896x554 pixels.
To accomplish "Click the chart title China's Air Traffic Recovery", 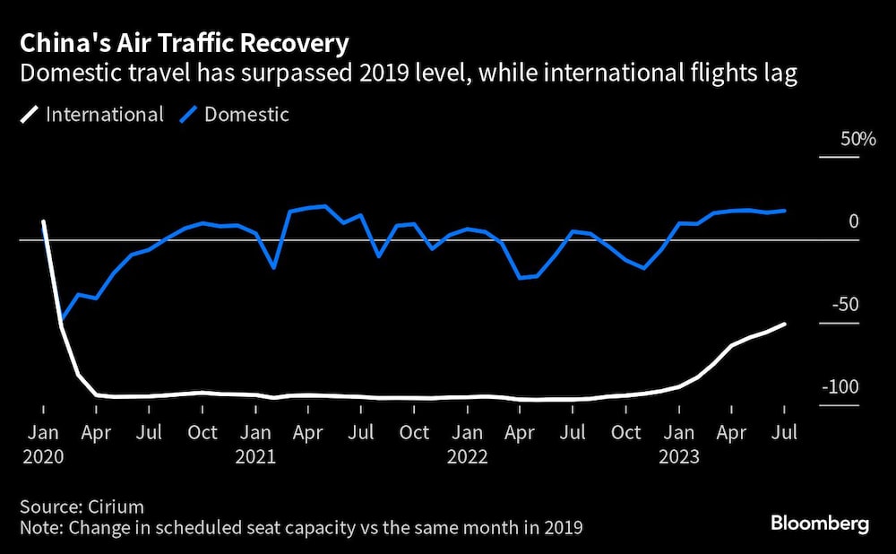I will [x=185, y=42].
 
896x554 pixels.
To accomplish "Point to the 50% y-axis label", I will [x=857, y=140].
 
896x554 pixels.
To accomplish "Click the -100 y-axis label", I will [x=841, y=387].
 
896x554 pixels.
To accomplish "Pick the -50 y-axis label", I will [x=845, y=305].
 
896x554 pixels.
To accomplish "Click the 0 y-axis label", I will [x=854, y=221].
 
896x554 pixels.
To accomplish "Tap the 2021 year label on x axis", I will [x=255, y=456].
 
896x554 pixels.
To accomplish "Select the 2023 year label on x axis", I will [x=678, y=456].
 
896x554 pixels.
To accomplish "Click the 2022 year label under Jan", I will [x=467, y=456].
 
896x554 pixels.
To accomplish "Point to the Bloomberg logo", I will [x=821, y=524].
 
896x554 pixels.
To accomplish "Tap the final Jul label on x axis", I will [x=785, y=433].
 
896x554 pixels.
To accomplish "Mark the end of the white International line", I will [x=786, y=324].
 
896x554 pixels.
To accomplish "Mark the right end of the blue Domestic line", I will [x=786, y=211].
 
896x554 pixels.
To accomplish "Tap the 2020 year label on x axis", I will [x=44, y=456].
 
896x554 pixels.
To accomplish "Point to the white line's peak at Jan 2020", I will [x=44, y=221].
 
